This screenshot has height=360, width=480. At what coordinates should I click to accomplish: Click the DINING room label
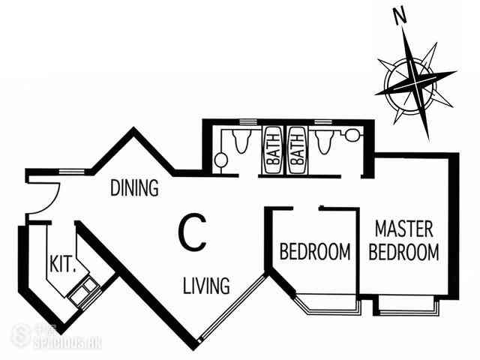click(134, 187)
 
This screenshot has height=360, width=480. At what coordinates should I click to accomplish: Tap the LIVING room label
click(206, 285)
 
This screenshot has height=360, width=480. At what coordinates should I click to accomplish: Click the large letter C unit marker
click(193, 232)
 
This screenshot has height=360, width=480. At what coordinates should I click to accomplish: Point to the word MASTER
click(403, 229)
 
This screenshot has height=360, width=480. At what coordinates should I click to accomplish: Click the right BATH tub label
click(297, 150)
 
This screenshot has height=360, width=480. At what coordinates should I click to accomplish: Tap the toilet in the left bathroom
click(241, 140)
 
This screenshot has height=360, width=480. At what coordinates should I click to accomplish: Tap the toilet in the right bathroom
click(325, 142)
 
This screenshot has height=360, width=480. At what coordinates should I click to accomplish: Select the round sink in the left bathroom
click(220, 160)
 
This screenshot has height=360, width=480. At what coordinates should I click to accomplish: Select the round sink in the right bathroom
click(352, 135)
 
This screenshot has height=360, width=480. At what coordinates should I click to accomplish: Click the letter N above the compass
click(400, 16)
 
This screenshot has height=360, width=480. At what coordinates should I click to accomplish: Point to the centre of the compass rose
click(415, 82)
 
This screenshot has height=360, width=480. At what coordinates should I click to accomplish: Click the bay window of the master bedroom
click(406, 305)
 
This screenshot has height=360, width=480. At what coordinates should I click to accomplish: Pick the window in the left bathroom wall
click(248, 121)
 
